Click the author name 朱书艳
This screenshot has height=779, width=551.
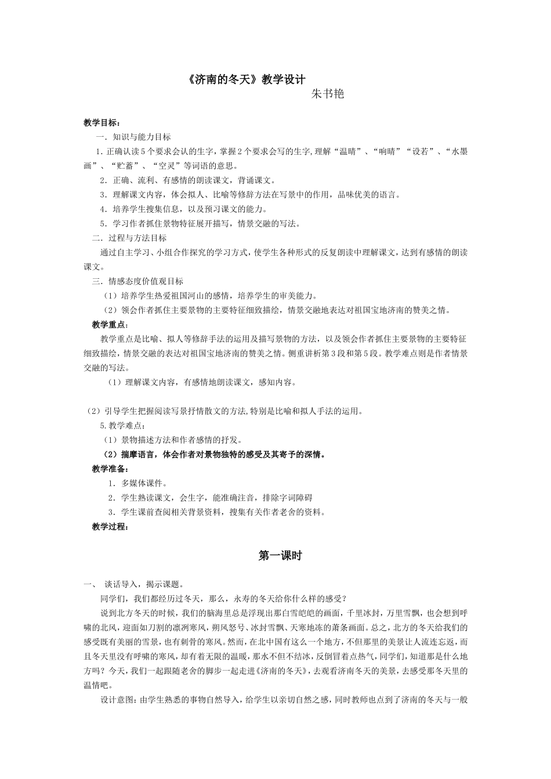[328, 94]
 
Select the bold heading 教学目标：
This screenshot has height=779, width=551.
[102, 123]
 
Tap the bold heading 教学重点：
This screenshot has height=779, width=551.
[111, 325]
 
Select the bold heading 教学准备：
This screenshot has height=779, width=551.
[111, 468]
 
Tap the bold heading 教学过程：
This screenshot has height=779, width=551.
[111, 527]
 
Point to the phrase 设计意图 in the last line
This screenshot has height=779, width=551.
[118, 700]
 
